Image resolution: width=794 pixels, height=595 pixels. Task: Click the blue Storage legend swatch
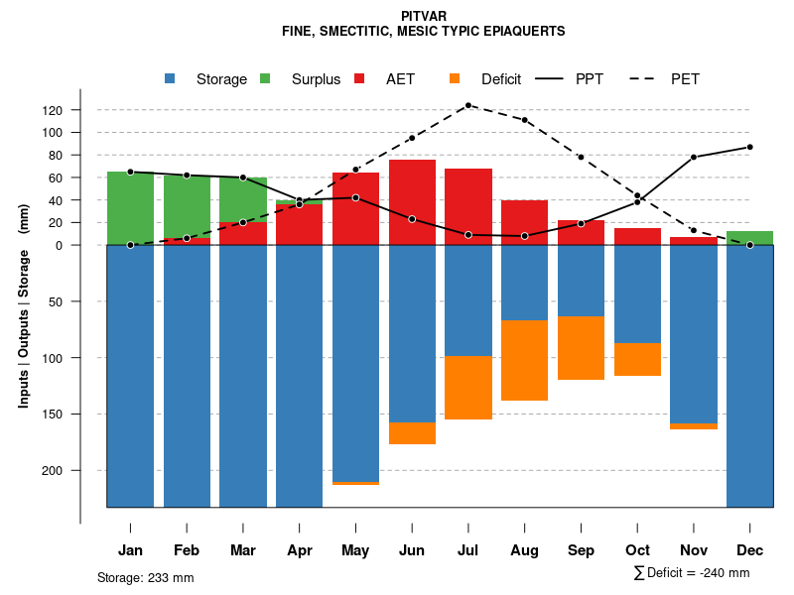170,78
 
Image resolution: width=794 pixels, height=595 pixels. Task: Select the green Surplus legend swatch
265,78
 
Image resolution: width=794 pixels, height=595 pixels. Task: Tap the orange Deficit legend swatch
455,78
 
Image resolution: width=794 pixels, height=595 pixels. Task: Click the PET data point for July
468,105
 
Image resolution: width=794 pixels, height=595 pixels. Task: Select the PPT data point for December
750,147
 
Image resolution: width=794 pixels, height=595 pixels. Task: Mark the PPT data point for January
130,172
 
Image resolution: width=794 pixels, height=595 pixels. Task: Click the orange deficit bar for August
525,360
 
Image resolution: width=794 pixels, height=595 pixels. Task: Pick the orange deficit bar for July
468,388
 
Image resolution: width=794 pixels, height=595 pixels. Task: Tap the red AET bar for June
412,202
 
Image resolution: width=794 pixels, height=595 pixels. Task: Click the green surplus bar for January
130,208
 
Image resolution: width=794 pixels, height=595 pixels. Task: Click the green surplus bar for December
750,238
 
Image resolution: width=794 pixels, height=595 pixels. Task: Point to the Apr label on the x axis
299,550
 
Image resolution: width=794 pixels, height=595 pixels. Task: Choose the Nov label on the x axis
694,550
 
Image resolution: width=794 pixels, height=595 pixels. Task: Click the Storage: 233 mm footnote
146,577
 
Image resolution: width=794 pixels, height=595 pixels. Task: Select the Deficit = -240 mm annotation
692,573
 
